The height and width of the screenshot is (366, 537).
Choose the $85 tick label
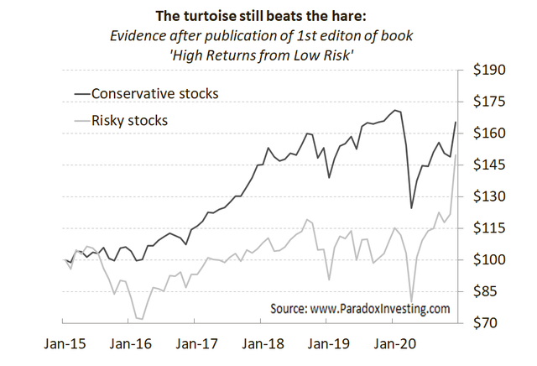coord(490,291)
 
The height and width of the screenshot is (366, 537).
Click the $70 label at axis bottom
coord(490,323)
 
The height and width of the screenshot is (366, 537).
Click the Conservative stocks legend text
coord(154,93)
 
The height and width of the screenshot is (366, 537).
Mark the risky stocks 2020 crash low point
coord(412,300)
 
